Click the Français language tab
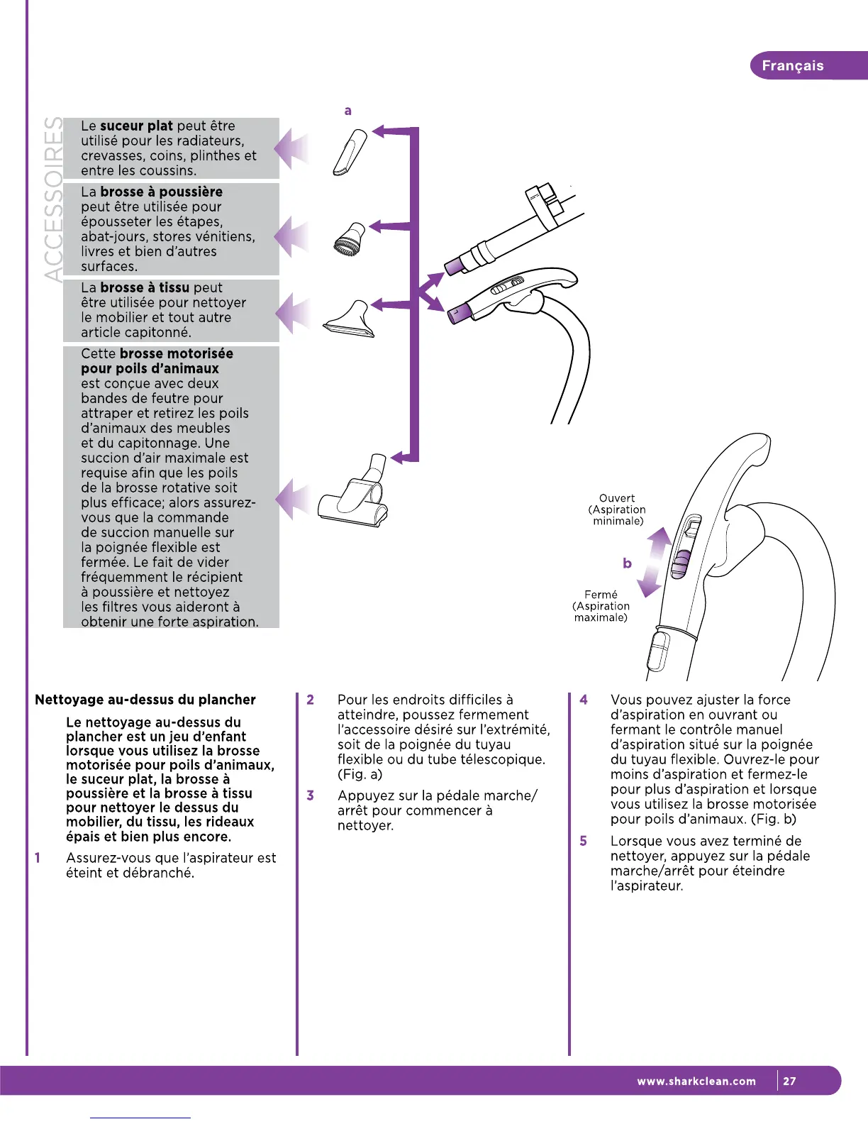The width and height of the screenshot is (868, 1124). tap(793, 66)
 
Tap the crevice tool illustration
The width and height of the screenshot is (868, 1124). tap(350, 152)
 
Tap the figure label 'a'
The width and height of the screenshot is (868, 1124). tap(347, 111)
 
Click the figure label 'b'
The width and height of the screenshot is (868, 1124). tap(627, 563)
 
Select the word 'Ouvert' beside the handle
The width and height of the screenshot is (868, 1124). tap(617, 498)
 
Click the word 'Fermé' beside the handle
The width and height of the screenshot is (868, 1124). tap(601, 595)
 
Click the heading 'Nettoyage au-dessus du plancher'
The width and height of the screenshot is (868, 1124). tap(145, 700)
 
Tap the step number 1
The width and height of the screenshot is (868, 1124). tap(38, 858)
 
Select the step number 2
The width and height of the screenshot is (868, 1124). tap(311, 700)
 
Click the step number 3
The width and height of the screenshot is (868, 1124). tap(311, 795)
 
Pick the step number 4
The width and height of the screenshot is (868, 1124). tap(584, 700)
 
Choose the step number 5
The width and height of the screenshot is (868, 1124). tap(584, 841)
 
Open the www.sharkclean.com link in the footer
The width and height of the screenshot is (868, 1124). tap(696, 1081)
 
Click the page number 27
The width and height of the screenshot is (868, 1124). tap(790, 1081)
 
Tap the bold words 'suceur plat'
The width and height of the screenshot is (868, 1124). tap(136, 126)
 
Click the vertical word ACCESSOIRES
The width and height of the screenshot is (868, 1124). tap(52, 199)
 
